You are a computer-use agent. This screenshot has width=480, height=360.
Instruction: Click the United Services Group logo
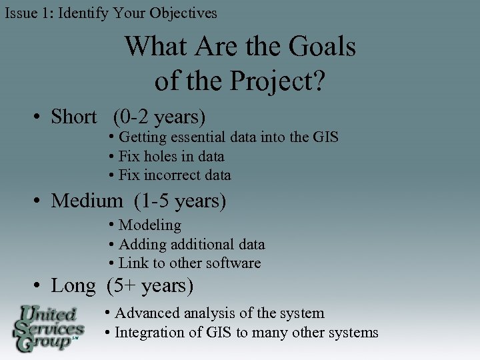coord(48,328)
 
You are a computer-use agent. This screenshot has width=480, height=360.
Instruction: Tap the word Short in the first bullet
coord(73,117)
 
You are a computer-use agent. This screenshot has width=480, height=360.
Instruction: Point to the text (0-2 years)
coord(159,117)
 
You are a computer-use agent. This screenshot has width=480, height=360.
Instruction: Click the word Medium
coord(87,200)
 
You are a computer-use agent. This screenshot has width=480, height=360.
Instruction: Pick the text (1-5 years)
coord(180,200)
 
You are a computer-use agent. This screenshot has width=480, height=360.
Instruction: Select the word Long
coord(73,286)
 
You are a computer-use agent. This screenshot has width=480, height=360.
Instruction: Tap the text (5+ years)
coord(150,286)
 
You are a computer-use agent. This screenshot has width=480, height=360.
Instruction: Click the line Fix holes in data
coord(171,157)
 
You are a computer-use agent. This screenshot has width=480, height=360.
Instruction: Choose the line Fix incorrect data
coord(174,175)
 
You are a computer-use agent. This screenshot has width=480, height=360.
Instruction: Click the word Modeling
coord(149,225)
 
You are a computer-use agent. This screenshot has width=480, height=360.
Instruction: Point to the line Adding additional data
coord(191,245)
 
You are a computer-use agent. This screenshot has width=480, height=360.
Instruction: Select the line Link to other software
coord(189,263)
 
